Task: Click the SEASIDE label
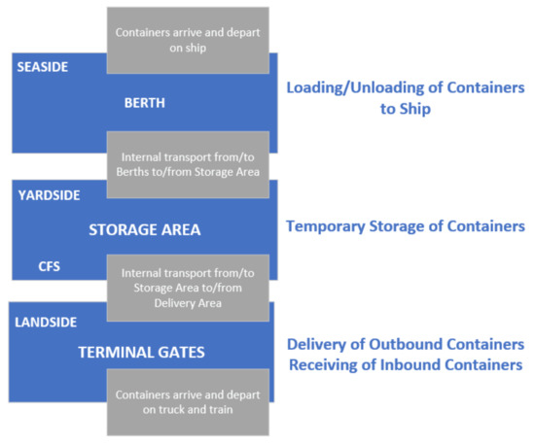point(42,67)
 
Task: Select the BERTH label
point(144,101)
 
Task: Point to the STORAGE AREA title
point(144,230)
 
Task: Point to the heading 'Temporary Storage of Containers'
point(405,226)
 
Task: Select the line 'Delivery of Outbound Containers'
point(405,345)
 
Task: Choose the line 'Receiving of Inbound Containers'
point(405,365)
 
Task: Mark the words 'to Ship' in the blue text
point(405,109)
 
